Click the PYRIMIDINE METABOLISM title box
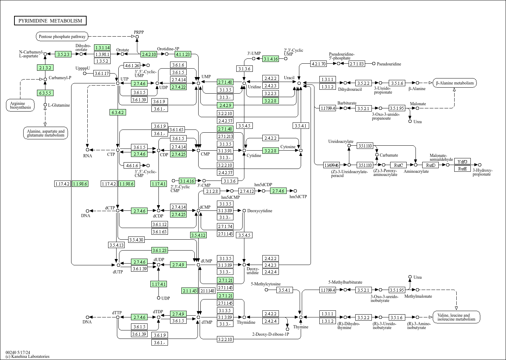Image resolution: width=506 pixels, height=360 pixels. tap(50, 21)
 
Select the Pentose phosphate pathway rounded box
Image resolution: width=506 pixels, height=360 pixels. tap(62, 36)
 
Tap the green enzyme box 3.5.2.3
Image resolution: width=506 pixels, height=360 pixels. tap(63, 54)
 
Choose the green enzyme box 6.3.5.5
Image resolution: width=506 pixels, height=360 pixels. tap(45, 93)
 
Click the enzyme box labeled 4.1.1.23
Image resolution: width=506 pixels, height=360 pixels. tap(183, 54)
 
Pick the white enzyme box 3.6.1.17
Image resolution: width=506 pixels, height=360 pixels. tap(102, 74)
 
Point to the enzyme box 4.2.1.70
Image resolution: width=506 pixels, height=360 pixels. tap(318, 64)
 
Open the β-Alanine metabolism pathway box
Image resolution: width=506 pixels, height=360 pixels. tap(455, 83)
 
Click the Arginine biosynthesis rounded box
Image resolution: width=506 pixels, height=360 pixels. tap(20, 105)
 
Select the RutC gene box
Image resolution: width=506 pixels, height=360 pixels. tap(398, 165)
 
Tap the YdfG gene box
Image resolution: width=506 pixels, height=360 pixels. tap(462, 162)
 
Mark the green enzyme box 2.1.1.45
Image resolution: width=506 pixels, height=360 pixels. tap(189, 291)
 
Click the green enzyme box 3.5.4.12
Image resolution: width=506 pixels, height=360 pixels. tap(198, 235)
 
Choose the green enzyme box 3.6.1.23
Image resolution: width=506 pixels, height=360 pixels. tap(160, 251)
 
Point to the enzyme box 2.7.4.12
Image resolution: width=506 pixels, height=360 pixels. tap(246, 191)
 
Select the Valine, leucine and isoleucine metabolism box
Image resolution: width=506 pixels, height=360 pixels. tap(456, 317)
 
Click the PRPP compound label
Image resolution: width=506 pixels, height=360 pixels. tap(138, 32)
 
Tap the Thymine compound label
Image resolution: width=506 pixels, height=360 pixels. tap(300, 327)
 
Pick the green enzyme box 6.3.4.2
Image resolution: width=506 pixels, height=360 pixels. tap(118, 113)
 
